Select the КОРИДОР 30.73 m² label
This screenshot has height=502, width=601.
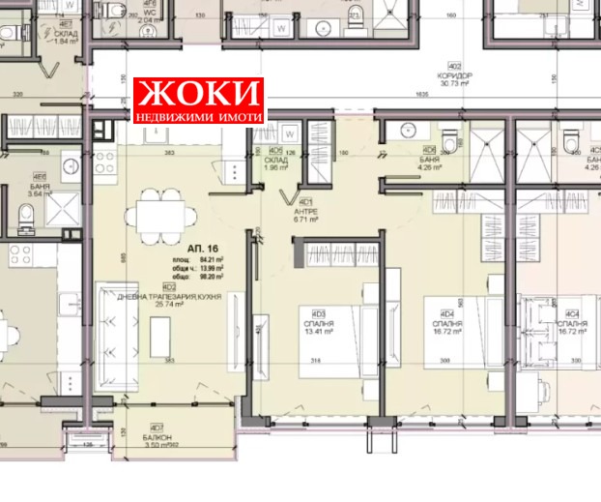[x=452, y=79]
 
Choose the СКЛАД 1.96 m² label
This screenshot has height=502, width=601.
[x=277, y=161]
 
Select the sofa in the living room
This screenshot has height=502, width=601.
[x=117, y=334]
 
